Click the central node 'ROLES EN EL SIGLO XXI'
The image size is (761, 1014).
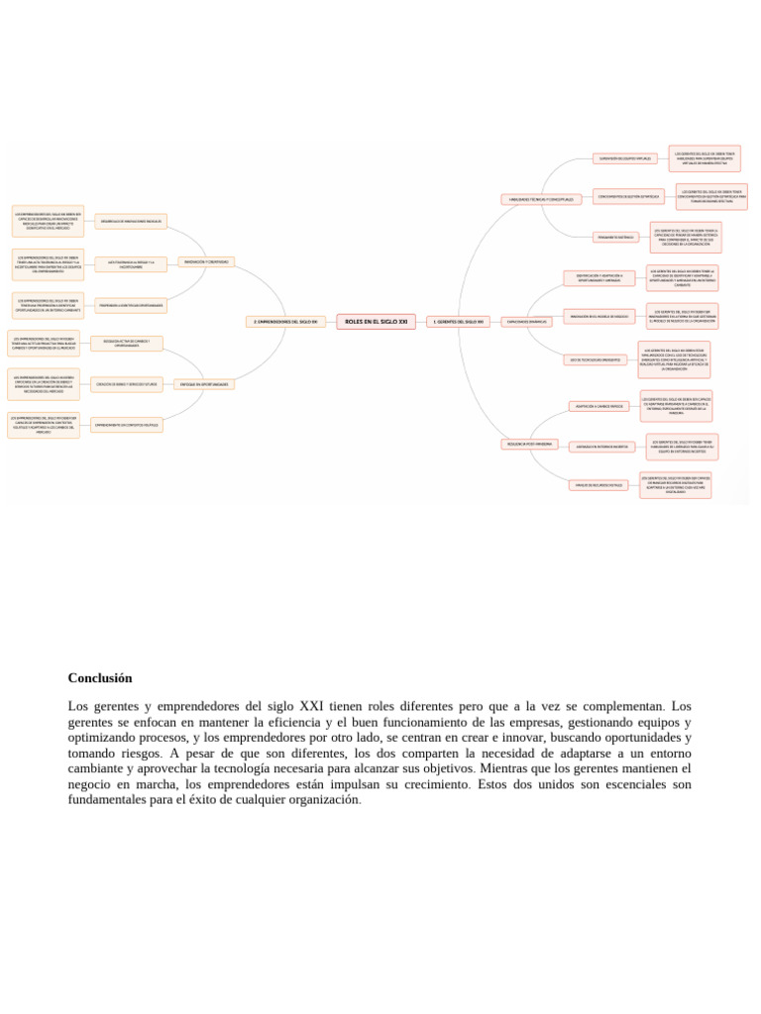(376, 321)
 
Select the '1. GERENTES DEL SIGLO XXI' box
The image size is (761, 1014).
(459, 322)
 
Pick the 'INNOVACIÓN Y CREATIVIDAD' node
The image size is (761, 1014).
(207, 261)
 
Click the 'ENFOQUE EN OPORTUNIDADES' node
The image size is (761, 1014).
(204, 383)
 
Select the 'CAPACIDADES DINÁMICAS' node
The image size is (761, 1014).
(525, 322)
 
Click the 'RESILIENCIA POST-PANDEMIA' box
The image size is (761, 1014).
(529, 444)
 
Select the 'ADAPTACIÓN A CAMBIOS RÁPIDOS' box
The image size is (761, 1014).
(598, 406)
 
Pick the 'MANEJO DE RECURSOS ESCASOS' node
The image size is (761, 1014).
(600, 485)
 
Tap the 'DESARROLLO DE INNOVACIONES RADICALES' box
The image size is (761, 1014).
(134, 221)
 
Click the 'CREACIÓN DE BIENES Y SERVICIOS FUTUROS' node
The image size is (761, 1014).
(127, 383)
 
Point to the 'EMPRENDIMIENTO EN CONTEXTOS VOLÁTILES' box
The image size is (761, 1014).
(126, 425)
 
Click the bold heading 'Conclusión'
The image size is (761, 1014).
(99, 678)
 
